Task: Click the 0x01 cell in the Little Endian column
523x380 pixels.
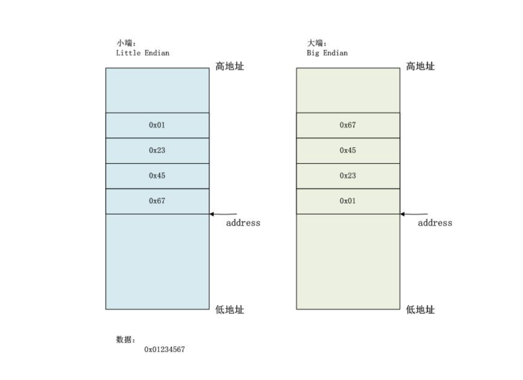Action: pyautogui.click(x=157, y=125)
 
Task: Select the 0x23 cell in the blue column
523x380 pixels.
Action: pyautogui.click(x=157, y=150)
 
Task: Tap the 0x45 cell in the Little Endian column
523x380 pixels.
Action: pyautogui.click(x=157, y=176)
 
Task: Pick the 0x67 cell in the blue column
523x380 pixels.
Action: pyautogui.click(x=157, y=201)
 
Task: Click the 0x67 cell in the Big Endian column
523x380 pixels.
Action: pyautogui.click(x=348, y=125)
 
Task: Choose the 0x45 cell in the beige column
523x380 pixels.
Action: pyautogui.click(x=348, y=150)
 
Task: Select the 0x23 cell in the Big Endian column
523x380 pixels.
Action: pyautogui.click(x=348, y=176)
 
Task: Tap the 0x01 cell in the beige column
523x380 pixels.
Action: pyautogui.click(x=348, y=201)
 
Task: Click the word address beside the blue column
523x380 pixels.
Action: pyautogui.click(x=243, y=223)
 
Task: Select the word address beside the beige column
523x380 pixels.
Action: pyautogui.click(x=435, y=223)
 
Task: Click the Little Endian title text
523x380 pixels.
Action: pyautogui.click(x=142, y=53)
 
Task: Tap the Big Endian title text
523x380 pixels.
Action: pyautogui.click(x=327, y=53)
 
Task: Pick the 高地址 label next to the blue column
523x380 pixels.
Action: pyautogui.click(x=230, y=66)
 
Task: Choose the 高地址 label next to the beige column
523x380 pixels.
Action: pyautogui.click(x=420, y=66)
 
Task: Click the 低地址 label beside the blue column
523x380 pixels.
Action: pyautogui.click(x=230, y=310)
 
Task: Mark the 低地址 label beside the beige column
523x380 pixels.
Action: pyautogui.click(x=420, y=310)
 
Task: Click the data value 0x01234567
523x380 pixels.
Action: pyautogui.click(x=164, y=349)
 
